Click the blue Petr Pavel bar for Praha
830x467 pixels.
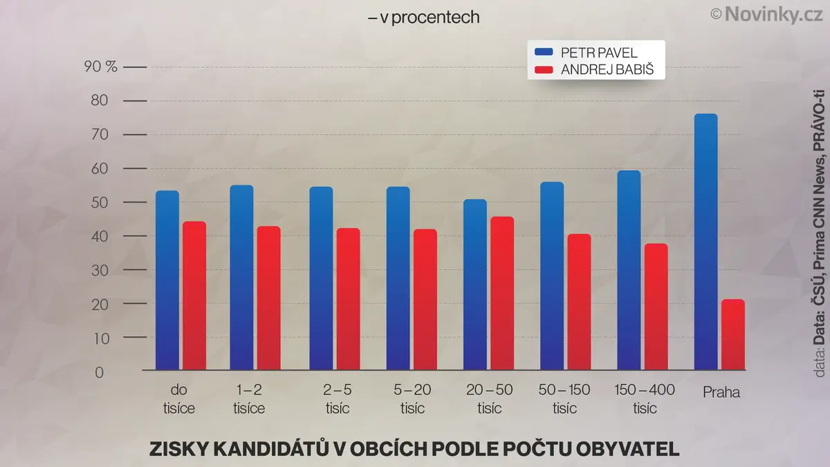pyautogui.click(x=705, y=241)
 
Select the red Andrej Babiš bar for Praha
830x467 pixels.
pyautogui.click(x=733, y=334)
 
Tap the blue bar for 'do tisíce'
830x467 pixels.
pyautogui.click(x=167, y=280)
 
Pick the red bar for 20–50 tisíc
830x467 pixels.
pyautogui.click(x=502, y=293)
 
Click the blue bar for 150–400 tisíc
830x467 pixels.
pyautogui.click(x=629, y=270)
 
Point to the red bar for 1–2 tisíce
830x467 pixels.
pyautogui.click(x=268, y=298)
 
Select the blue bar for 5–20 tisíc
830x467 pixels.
pyautogui.click(x=398, y=278)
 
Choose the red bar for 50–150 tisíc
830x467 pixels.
pyautogui.click(x=579, y=302)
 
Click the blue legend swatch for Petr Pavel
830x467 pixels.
pyautogui.click(x=544, y=52)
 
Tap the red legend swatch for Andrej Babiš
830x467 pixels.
pyautogui.click(x=544, y=69)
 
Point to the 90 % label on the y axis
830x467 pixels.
pyautogui.click(x=100, y=66)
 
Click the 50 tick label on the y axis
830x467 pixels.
pyautogui.click(x=100, y=202)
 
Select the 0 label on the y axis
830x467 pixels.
pyautogui.click(x=100, y=372)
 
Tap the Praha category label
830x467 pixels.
pyautogui.click(x=721, y=392)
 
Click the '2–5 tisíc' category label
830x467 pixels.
pyautogui.click(x=338, y=399)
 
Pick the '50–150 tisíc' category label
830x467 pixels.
pyautogui.click(x=564, y=399)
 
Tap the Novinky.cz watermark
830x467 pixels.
pyautogui.click(x=766, y=15)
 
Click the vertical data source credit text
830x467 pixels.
pyautogui.click(x=820, y=234)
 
